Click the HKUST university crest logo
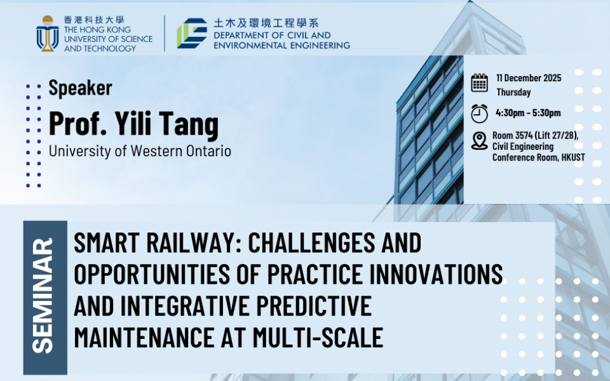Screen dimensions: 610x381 click(48, 34)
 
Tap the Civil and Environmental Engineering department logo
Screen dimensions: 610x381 click(192, 34)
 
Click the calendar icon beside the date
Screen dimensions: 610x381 click(479, 83)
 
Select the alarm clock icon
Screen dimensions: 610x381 click(479, 114)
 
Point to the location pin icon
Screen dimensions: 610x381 click(479, 141)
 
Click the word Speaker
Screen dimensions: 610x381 click(81, 88)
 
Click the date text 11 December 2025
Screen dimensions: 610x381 click(529, 78)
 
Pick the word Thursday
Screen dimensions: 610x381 click(513, 92)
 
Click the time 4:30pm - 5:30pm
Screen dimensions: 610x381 click(528, 113)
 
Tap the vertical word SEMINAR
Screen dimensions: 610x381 click(43, 296)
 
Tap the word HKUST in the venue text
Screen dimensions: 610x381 click(573, 157)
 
